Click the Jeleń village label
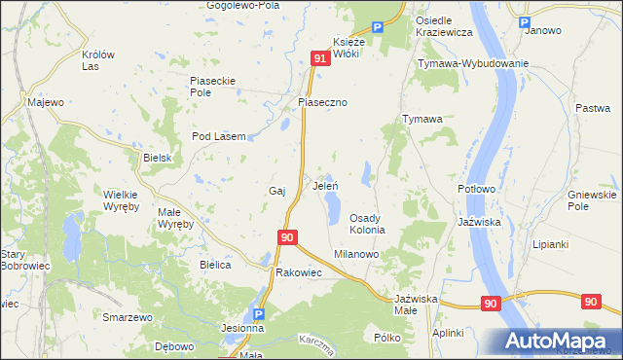pyautogui.click(x=325, y=185)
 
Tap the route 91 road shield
pyautogui.click(x=320, y=59)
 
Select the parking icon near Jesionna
pyautogui.click(x=258, y=314)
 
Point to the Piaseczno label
pyautogui.click(x=323, y=102)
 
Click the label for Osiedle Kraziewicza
pyautogui.click(x=444, y=26)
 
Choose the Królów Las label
pyautogui.click(x=105, y=60)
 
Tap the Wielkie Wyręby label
pyautogui.click(x=122, y=199)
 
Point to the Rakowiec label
pyautogui.click(x=299, y=272)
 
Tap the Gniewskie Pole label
pyautogui.click(x=592, y=200)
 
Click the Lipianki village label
pyautogui.click(x=550, y=244)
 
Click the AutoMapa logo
pyautogui.click(x=557, y=342)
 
